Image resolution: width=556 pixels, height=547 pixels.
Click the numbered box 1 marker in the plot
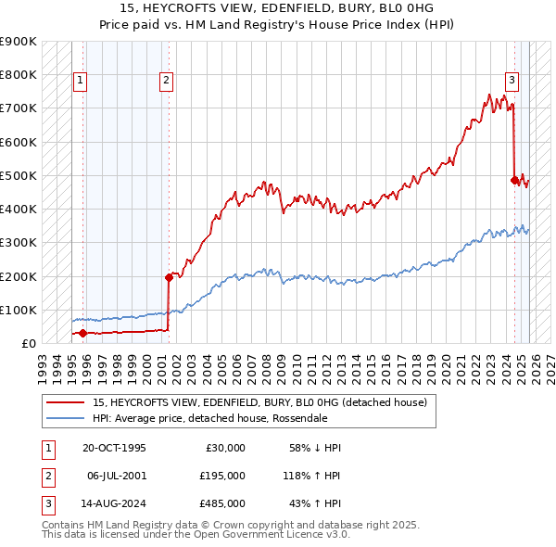point(82,81)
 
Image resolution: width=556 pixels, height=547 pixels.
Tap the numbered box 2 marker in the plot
point(166,81)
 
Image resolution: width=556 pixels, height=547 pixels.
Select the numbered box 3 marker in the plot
point(511,81)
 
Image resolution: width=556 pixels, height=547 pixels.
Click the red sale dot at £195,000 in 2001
point(169,276)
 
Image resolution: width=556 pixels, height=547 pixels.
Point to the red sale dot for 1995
point(82,332)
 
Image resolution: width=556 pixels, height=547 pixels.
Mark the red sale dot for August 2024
point(514,180)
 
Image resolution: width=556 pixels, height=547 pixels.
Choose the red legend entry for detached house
point(259,402)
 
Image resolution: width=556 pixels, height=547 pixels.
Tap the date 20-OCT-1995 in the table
point(115,448)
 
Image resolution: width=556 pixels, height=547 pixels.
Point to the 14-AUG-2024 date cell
point(115,503)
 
